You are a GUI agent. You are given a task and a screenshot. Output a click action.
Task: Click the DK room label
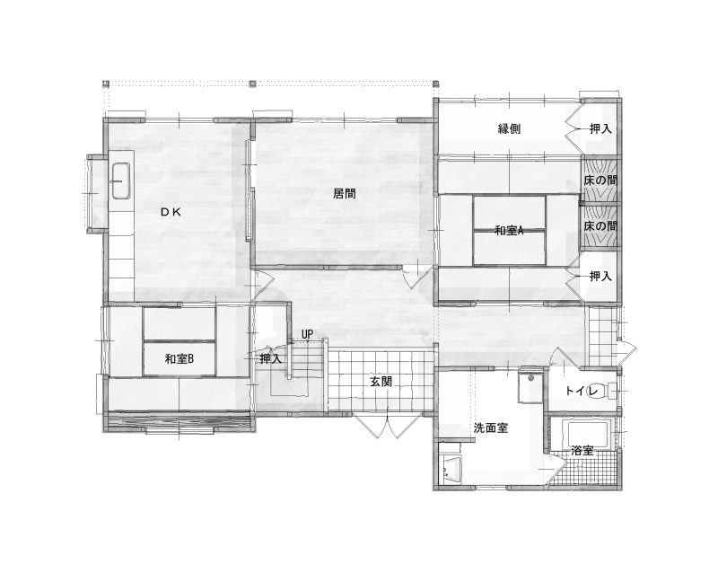(171, 212)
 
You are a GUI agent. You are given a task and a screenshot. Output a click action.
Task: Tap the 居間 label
(345, 193)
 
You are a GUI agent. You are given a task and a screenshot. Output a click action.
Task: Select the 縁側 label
(509, 128)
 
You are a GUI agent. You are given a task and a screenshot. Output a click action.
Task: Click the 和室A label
(509, 231)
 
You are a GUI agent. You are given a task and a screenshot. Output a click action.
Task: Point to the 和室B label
(179, 359)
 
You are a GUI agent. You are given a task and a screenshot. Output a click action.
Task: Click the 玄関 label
(381, 382)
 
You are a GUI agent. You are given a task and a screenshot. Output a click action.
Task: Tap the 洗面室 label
(491, 428)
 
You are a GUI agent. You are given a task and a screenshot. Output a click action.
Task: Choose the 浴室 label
(582, 451)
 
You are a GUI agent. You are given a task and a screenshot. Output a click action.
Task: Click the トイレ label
(582, 391)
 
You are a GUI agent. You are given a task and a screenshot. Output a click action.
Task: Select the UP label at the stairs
(307, 335)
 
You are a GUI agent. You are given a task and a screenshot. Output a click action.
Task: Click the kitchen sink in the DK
(121, 181)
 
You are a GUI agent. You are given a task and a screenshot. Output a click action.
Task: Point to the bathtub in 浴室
(588, 435)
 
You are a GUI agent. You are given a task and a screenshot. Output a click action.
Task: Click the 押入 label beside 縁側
(600, 128)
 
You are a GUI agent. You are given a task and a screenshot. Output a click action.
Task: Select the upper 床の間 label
(600, 181)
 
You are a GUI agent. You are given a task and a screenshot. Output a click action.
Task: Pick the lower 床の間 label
(600, 226)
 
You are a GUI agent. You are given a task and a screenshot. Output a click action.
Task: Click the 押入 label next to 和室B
(271, 359)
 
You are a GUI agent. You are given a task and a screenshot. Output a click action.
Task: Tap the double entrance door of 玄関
(389, 425)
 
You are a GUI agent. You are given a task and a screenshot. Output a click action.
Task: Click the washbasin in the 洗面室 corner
(451, 470)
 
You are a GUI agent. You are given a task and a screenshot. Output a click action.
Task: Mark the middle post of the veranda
(252, 84)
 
